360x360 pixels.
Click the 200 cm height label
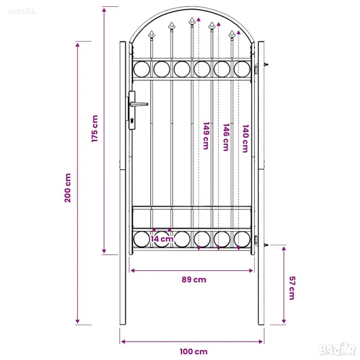coord(68,188)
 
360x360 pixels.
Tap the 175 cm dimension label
coord(94,129)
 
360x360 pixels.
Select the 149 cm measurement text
coord(206,136)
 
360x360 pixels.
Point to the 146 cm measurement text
coord(226,137)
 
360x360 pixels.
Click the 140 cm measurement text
coord(245,138)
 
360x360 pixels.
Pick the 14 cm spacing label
coord(162,239)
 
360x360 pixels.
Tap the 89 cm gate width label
coord(194,280)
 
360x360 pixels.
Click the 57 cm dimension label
coord(292,288)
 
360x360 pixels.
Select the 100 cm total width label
coord(193,351)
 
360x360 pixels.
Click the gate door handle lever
coord(139,104)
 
